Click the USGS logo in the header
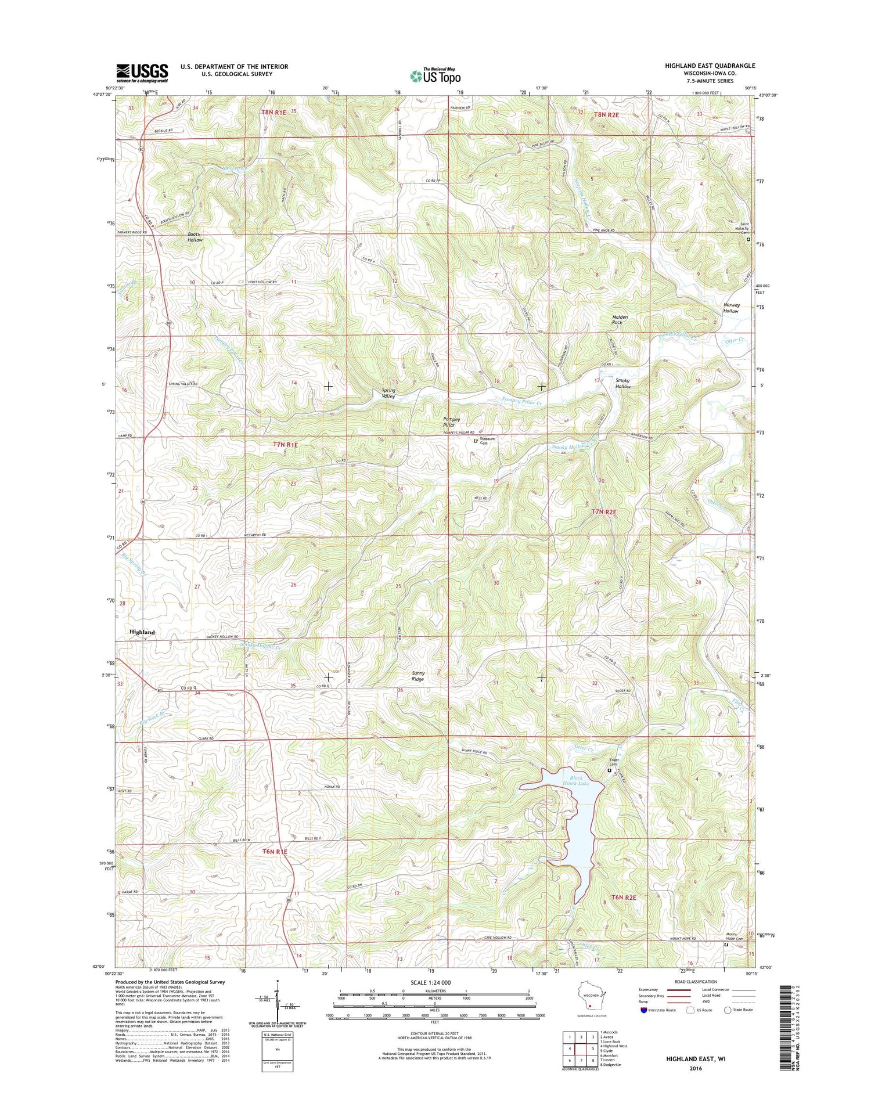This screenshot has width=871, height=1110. tap(142, 73)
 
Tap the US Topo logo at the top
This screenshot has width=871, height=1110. tap(435, 75)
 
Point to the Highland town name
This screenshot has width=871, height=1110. tap(142, 632)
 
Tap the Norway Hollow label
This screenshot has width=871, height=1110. tap(731, 308)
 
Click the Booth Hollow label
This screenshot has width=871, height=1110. tap(195, 237)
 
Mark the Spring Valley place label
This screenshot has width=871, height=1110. tap(388, 393)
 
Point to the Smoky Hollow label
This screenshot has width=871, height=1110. tap(623, 383)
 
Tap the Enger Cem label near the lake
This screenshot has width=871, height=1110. tap(613, 761)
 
